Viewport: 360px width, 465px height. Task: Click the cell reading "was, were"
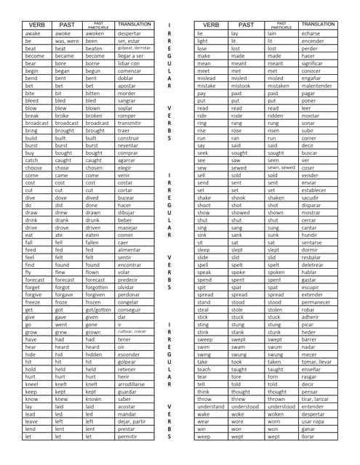click(x=68, y=41)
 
